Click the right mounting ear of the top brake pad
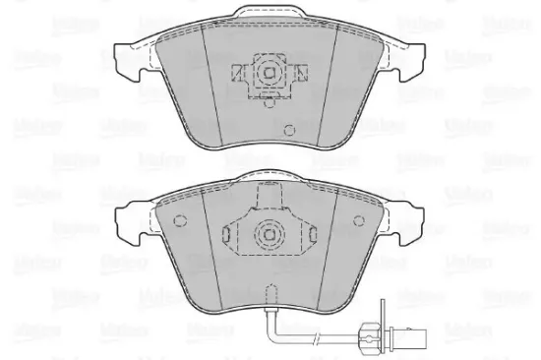(414, 59)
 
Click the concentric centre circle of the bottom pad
(269, 233)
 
